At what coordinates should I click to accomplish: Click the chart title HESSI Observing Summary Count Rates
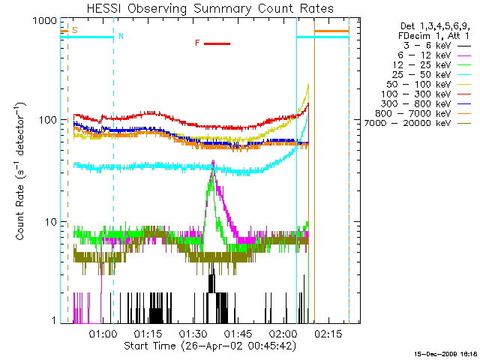210,9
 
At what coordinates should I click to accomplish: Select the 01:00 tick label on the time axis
102,333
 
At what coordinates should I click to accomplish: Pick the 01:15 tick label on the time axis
148,333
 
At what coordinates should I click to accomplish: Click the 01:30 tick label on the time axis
193,333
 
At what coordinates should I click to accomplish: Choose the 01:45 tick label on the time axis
238,333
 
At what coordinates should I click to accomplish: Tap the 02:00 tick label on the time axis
283,333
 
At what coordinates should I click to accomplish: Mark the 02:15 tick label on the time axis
329,333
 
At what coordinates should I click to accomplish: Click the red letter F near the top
197,43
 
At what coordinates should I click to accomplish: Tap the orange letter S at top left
73,30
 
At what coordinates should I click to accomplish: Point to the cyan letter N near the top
121,36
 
